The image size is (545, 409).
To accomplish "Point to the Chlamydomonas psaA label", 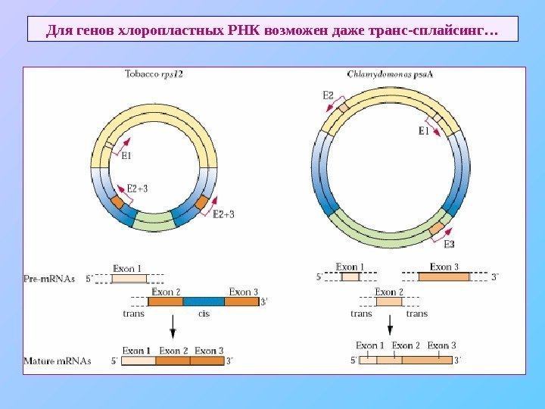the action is [x=385, y=74].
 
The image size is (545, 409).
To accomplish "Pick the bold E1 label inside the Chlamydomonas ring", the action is [x=424, y=131].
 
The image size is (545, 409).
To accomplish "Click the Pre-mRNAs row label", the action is [x=49, y=278].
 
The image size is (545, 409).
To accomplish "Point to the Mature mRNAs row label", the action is [x=57, y=361].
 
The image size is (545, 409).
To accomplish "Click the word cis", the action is [x=204, y=314].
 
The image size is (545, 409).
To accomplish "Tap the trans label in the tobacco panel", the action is [x=133, y=314].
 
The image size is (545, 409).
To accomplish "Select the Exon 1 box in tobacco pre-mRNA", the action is [x=129, y=278].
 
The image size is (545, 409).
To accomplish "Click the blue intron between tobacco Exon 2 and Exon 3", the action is [x=204, y=301].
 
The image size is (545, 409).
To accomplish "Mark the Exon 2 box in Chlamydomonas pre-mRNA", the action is [x=389, y=301].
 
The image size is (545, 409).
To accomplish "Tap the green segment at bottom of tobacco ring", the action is [x=155, y=220].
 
